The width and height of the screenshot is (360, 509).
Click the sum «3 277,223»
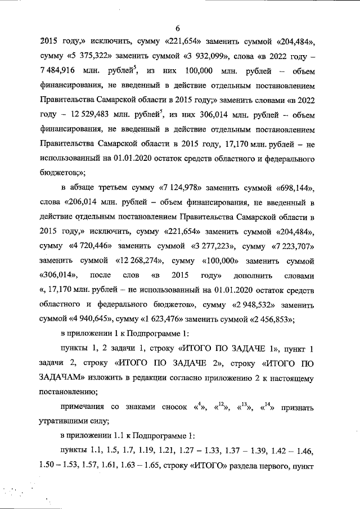pyautogui.click(x=210, y=246)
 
